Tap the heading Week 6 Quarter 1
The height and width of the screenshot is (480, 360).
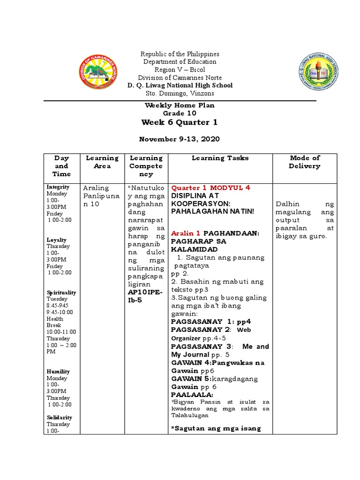pos(180,122)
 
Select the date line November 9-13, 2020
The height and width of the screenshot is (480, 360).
pos(180,139)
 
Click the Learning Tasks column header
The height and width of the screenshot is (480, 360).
pos(220,158)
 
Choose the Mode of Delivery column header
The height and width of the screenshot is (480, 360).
pos(305,162)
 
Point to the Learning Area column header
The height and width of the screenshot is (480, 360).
pos(102,162)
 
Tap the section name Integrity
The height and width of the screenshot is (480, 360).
pos(58,187)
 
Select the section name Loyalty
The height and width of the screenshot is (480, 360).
pos(56,240)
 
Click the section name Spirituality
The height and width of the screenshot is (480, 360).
pos(61,292)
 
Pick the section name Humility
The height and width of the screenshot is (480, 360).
pos(58,371)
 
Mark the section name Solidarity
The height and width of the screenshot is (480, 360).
pos(59,417)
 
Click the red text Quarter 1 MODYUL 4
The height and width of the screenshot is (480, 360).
pos(210,187)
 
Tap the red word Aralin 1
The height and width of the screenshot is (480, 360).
pos(186,233)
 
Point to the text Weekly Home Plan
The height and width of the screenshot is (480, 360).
pos(180,105)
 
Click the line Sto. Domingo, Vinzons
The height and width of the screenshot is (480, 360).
pos(180,93)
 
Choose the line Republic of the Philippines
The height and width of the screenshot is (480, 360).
pos(180,54)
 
